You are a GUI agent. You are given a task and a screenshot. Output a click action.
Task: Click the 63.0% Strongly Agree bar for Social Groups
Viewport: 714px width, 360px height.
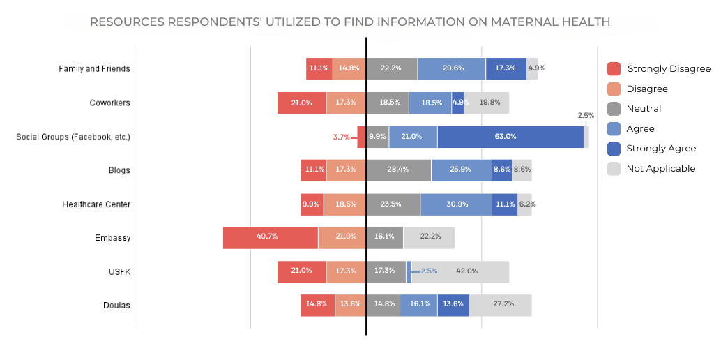pos(510,137)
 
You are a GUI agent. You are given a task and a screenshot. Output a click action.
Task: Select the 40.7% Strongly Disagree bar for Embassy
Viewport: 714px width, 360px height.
pos(271,237)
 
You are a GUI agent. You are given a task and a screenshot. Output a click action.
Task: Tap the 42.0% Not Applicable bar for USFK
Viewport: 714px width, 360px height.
pos(460,271)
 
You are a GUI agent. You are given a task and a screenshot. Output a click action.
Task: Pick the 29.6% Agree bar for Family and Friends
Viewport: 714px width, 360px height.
pos(452,69)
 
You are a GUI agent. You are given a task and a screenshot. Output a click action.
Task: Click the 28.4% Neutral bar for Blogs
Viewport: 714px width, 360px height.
pos(398,170)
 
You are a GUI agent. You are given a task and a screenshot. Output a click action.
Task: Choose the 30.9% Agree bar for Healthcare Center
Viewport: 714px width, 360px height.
pos(456,204)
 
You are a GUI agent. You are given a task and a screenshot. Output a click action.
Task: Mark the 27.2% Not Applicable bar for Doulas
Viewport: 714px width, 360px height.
pos(500,305)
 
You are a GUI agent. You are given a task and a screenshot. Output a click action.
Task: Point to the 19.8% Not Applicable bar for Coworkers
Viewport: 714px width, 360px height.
pos(487,103)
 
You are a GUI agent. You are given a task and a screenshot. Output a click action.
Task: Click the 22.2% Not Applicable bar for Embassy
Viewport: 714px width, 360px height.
pos(429,237)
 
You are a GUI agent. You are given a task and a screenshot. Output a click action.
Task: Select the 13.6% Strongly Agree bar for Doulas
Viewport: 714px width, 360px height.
pos(453,305)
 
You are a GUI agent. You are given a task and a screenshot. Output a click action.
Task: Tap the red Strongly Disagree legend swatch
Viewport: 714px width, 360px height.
pos(614,69)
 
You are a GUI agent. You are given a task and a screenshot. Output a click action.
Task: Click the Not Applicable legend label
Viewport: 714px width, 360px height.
pos(660,168)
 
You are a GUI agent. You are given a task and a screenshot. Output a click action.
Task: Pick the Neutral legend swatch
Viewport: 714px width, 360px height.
pos(614,109)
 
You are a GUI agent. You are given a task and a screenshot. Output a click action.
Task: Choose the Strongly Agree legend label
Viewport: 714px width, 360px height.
pos(660,148)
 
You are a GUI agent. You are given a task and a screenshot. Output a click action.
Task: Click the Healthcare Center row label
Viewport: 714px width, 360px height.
pos(96,204)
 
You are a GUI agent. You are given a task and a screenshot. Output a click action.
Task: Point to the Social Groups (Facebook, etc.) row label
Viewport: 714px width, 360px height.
pos(73,137)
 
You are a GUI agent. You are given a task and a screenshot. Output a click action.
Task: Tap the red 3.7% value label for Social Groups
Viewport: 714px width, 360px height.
pos(342,137)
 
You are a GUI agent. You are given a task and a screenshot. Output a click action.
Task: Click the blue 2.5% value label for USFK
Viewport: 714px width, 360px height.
pos(428,271)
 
